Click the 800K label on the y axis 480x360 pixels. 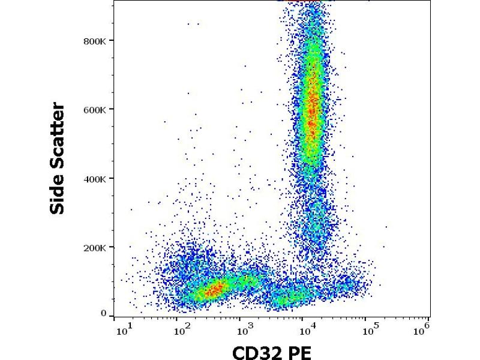click(95, 41)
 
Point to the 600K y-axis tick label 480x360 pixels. click(95, 110)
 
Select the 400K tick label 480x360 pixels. click(95, 179)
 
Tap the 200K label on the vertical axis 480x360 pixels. click(95, 248)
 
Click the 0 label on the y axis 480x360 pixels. click(103, 314)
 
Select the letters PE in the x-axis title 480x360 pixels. click(299, 351)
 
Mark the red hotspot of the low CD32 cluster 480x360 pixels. click(213, 291)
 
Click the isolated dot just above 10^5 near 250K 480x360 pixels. click(386, 227)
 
